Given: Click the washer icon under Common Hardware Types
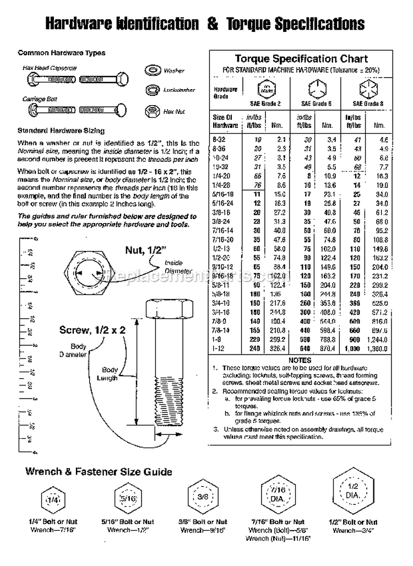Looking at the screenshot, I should click(x=150, y=70).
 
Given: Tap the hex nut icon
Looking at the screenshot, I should click(x=150, y=111).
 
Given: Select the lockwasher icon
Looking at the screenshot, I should click(x=150, y=90).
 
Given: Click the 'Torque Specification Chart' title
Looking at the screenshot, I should click(x=301, y=58).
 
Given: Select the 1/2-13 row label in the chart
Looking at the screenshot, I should click(x=222, y=249).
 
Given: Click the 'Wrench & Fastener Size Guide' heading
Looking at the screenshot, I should click(x=99, y=471).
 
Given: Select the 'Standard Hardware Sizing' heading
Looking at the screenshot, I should click(x=61, y=131).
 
